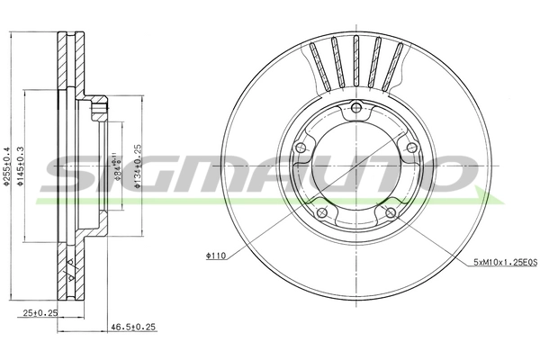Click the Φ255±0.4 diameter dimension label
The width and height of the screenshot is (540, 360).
click(6, 166)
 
